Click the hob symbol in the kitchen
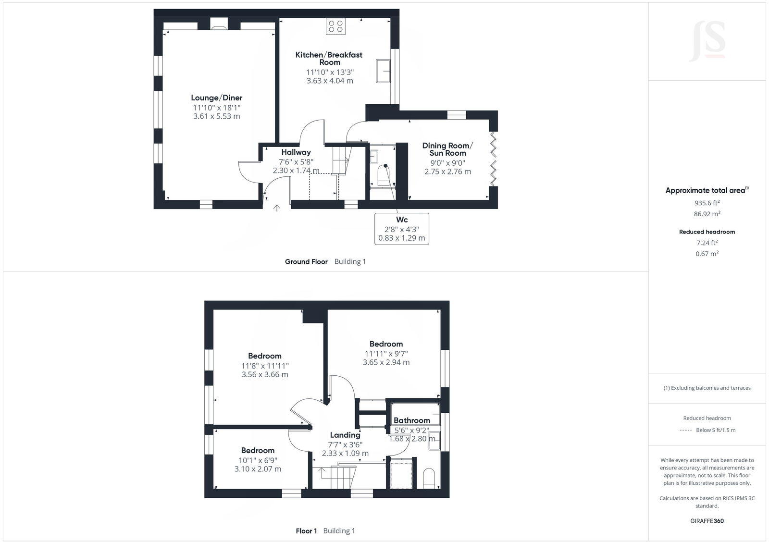pyautogui.click(x=335, y=26)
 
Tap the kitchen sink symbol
pyautogui.click(x=384, y=71)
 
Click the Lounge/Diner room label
pyautogui.click(x=216, y=98)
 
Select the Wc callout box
pyautogui.click(x=401, y=229)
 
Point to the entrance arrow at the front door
pyautogui.click(x=277, y=208)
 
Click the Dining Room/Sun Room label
pyautogui.click(x=447, y=149)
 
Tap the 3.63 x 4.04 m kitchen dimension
pyautogui.click(x=330, y=81)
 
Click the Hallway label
pyautogui.click(x=296, y=152)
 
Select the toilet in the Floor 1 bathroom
pyautogui.click(x=429, y=478)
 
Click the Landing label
pyautogui.click(x=345, y=435)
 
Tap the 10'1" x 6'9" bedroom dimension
pyautogui.click(x=258, y=460)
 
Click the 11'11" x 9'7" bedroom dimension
pyautogui.click(x=386, y=353)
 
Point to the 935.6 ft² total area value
pyautogui.click(x=707, y=203)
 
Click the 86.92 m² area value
pyautogui.click(x=707, y=214)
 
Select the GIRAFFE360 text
pyautogui.click(x=707, y=521)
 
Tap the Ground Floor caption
pyautogui.click(x=306, y=262)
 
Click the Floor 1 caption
pyautogui.click(x=306, y=531)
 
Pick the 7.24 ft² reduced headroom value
pyautogui.click(x=707, y=243)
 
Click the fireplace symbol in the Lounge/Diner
pyautogui.click(x=219, y=25)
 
